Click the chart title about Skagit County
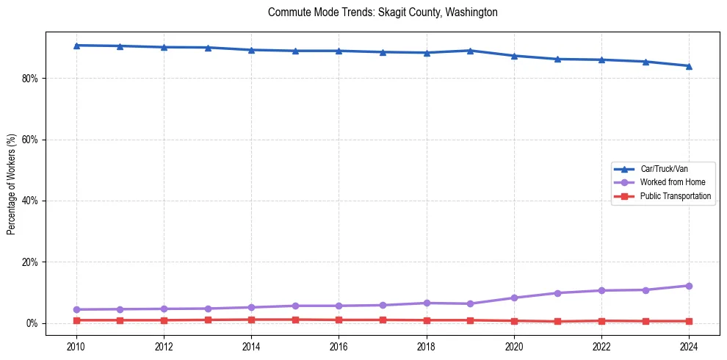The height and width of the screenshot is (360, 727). (x=383, y=12)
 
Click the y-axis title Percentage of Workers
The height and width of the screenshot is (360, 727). (x=11, y=184)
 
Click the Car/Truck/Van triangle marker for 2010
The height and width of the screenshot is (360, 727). (x=76, y=46)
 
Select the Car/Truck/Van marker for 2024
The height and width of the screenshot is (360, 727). (x=689, y=66)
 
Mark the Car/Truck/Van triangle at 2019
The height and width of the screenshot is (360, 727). (x=470, y=51)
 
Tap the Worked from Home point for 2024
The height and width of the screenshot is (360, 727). (x=689, y=286)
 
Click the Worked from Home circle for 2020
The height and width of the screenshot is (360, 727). (x=514, y=298)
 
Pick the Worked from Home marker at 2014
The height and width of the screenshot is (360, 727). (x=251, y=307)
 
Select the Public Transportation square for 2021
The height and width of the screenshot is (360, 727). (x=557, y=322)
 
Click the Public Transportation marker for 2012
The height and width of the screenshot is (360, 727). (x=164, y=320)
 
